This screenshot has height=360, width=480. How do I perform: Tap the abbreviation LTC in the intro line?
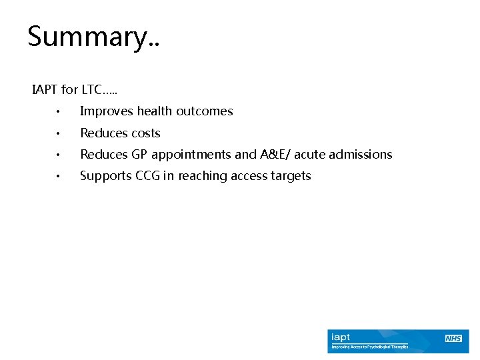93,89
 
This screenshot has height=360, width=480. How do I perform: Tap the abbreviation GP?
139,154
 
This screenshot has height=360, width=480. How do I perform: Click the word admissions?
361,154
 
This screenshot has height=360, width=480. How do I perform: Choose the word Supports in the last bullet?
106,176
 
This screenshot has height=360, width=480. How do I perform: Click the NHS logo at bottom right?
454,339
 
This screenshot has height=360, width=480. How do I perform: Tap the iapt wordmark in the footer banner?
341,338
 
